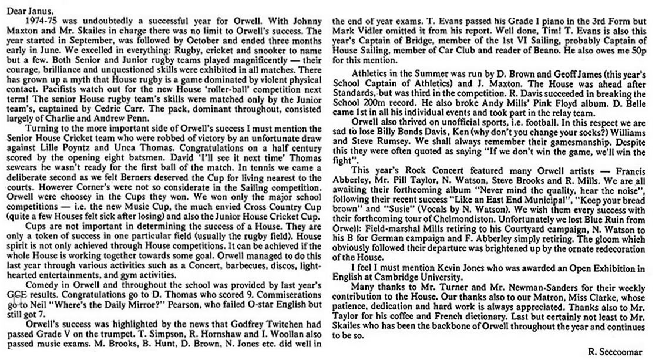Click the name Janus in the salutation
39,7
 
